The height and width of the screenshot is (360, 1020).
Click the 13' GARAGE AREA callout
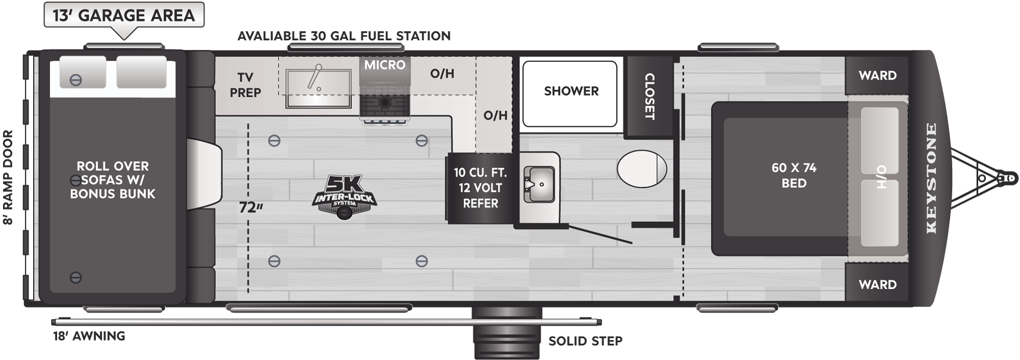124,15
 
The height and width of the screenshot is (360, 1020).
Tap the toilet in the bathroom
642,168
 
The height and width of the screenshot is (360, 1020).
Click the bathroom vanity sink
538,184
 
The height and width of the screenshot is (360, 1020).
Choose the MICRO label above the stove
385,65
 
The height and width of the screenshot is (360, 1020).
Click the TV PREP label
245,85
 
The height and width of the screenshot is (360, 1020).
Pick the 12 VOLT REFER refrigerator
480,188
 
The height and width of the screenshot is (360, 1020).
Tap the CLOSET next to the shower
649,96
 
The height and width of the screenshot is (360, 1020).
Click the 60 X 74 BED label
794,175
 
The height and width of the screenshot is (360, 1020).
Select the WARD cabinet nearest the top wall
877,75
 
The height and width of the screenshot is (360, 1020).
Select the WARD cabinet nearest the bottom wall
877,284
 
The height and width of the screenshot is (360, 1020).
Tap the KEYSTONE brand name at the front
931,178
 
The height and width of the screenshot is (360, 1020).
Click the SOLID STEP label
585,340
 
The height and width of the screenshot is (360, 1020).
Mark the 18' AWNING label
89,336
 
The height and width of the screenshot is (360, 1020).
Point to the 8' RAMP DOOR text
8,177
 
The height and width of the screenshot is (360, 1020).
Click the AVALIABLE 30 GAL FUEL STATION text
344,36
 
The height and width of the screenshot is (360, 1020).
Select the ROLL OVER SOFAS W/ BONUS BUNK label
113,179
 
